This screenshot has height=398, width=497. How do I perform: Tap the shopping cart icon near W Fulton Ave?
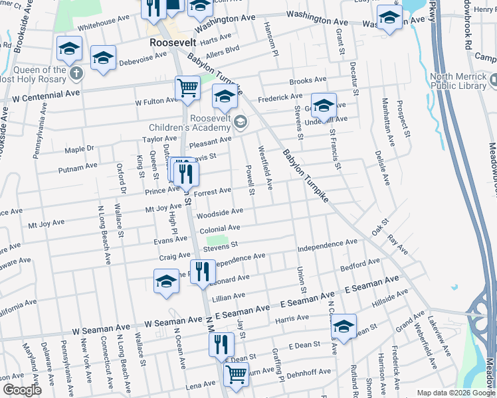[188, 87]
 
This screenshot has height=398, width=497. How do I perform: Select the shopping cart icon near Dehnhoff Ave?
[237, 373]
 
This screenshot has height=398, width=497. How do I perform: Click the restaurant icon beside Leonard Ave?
[203, 271]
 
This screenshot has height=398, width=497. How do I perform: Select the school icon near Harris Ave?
[344, 326]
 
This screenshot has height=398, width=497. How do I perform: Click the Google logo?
[23, 390]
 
